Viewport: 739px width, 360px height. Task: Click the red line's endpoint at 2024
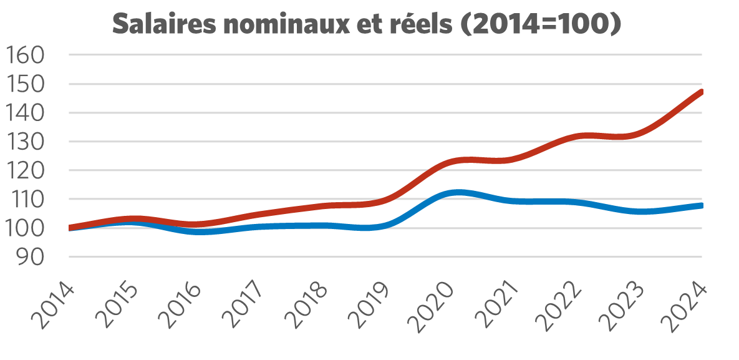point(702,92)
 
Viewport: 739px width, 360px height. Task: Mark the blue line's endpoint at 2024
point(702,205)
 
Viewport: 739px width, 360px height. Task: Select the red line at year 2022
point(576,137)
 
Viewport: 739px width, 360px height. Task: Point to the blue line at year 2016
point(196,231)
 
